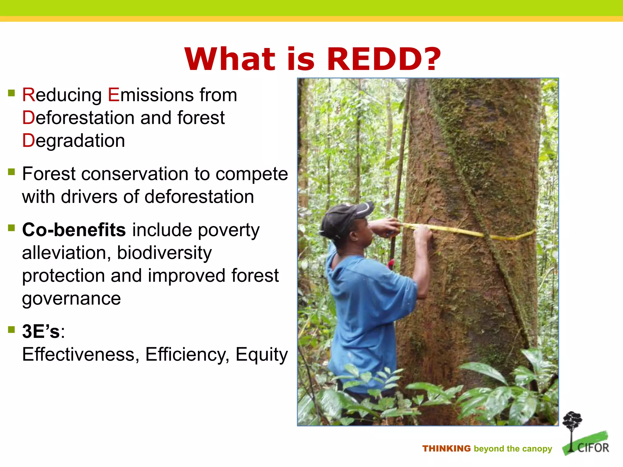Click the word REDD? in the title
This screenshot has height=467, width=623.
click(384, 59)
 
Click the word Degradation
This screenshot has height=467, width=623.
click(73, 141)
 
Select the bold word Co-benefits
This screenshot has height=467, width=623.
click(74, 230)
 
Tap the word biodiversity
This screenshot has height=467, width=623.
click(164, 253)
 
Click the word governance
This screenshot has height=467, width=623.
click(71, 299)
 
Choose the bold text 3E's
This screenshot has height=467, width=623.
click(41, 331)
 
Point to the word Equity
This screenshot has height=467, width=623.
click(261, 354)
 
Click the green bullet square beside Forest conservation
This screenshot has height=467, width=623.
click(12, 172)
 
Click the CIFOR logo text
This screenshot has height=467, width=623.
click(593, 448)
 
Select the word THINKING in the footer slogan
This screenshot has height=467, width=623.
click(446, 449)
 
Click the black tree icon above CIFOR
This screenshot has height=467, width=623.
click(572, 423)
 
